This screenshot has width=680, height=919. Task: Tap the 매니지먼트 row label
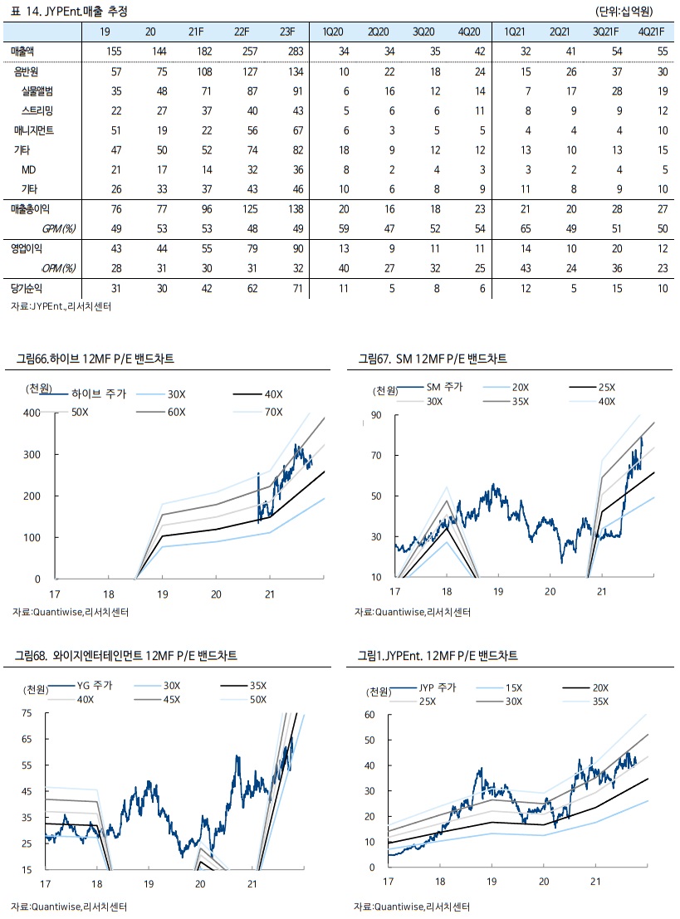[x=34, y=130]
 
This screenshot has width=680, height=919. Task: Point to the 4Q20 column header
[x=469, y=32]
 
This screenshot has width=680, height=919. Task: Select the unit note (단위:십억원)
[x=624, y=12]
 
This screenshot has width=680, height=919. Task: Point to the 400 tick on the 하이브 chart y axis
[x=32, y=413]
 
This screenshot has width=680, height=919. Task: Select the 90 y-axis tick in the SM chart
[x=375, y=415]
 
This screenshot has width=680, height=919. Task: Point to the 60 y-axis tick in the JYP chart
[x=371, y=714]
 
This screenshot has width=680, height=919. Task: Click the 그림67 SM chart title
[x=433, y=359]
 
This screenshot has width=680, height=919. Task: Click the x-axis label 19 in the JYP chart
[x=492, y=881]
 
